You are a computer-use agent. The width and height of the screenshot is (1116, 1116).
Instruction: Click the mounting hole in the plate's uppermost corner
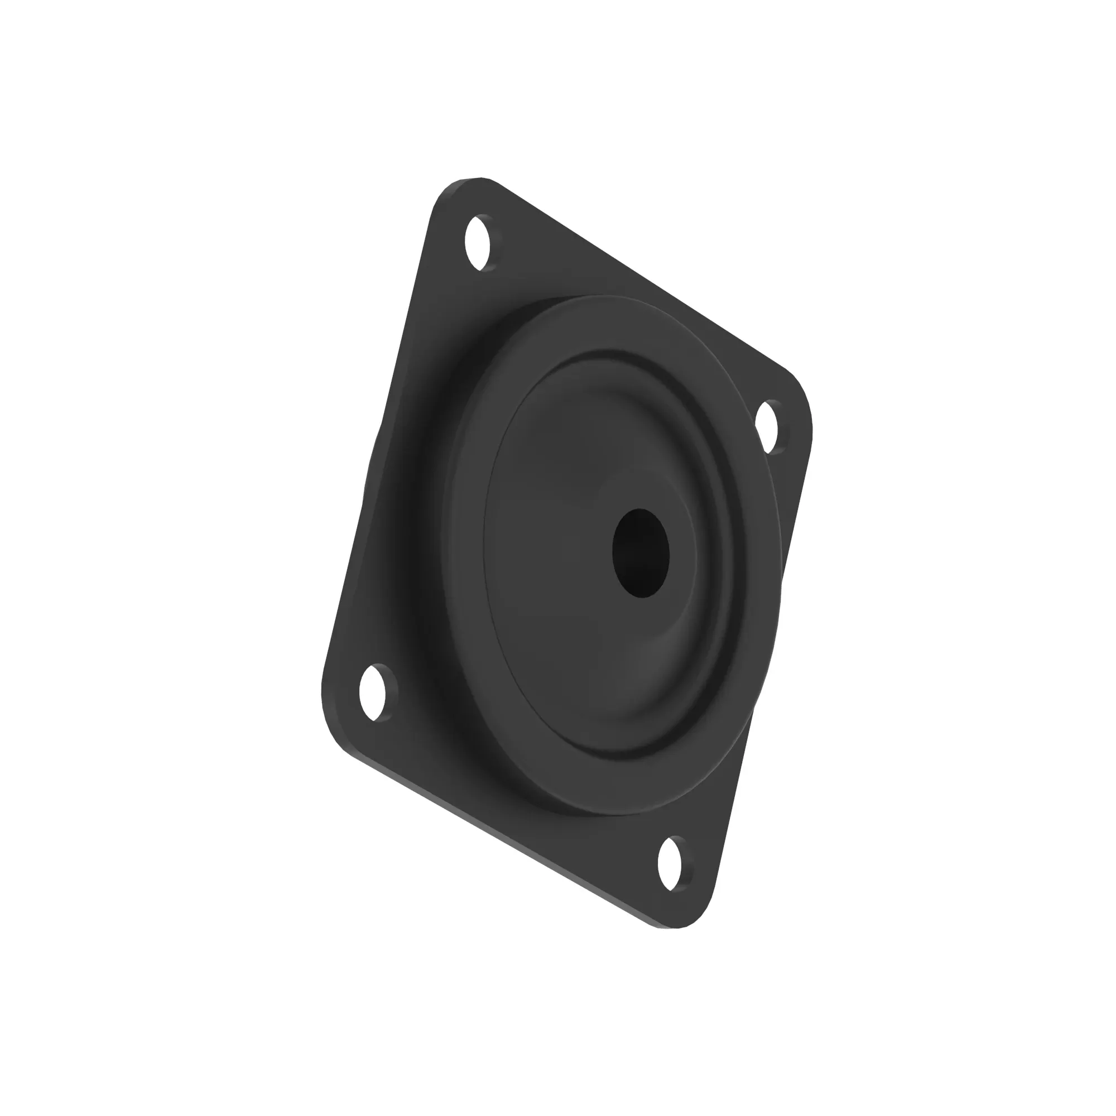pos(478,243)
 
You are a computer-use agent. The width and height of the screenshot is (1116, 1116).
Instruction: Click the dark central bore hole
pos(640,553)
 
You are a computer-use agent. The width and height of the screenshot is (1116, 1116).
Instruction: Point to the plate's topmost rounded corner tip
pos(474,179)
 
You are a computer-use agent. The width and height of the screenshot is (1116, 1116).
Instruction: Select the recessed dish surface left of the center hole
pos(537,555)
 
